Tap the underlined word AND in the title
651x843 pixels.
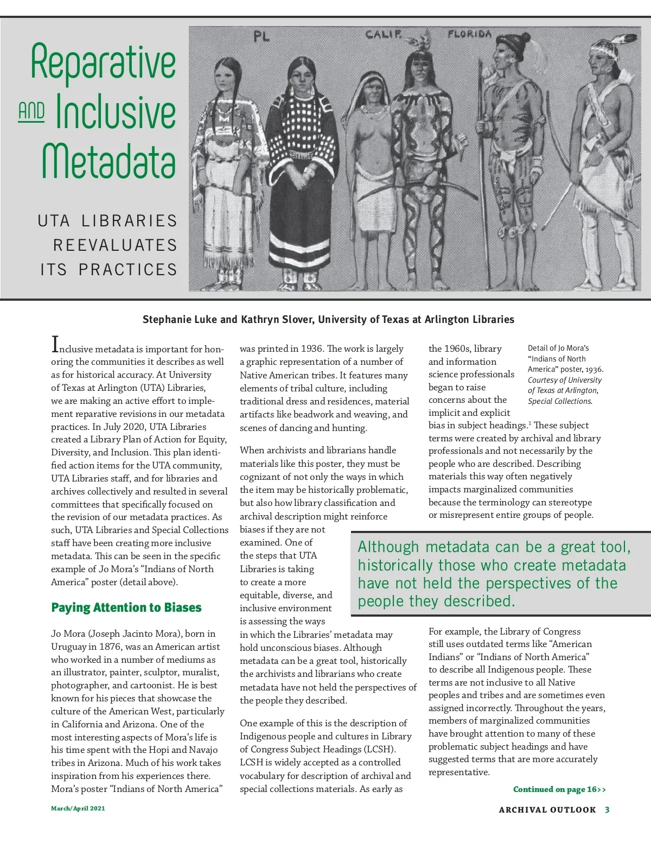pos(31,111)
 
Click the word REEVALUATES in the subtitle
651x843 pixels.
pos(115,245)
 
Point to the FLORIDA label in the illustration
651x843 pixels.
pos(470,34)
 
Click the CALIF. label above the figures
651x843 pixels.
pos(384,35)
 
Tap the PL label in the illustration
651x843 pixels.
pos(261,37)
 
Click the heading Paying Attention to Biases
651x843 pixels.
pos(126,607)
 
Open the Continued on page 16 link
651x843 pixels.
pos(559,789)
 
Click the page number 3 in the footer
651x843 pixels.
pos(607,810)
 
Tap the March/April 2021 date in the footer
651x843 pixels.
pos(78,808)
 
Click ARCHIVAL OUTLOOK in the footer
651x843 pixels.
pos(547,810)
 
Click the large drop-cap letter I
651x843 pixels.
pos(55,344)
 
